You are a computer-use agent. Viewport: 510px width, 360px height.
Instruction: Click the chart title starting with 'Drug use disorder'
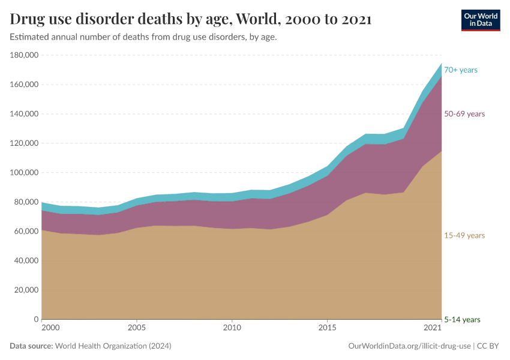click(x=191, y=19)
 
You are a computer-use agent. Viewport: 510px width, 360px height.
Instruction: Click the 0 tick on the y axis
click(x=36, y=320)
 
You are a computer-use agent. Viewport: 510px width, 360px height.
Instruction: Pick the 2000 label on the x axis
click(x=50, y=329)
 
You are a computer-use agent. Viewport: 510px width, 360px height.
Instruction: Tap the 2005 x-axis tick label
click(x=137, y=329)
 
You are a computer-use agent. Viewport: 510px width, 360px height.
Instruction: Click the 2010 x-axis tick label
click(x=232, y=329)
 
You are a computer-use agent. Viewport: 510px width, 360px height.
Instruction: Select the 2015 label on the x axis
click(x=327, y=329)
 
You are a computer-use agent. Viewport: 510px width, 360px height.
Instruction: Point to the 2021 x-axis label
click(x=433, y=329)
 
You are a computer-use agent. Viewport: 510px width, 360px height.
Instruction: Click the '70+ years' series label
click(x=460, y=70)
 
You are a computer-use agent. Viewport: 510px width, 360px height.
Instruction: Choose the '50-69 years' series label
click(x=464, y=114)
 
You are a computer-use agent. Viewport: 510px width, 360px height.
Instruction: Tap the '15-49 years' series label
click(x=464, y=236)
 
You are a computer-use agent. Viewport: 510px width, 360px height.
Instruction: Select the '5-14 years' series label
click(x=462, y=320)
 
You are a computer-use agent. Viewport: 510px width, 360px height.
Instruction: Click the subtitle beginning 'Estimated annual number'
click(x=143, y=37)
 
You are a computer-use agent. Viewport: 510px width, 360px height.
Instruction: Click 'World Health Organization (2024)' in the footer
click(x=113, y=346)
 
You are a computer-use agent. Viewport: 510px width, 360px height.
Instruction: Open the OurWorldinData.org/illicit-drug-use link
click(x=409, y=346)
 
